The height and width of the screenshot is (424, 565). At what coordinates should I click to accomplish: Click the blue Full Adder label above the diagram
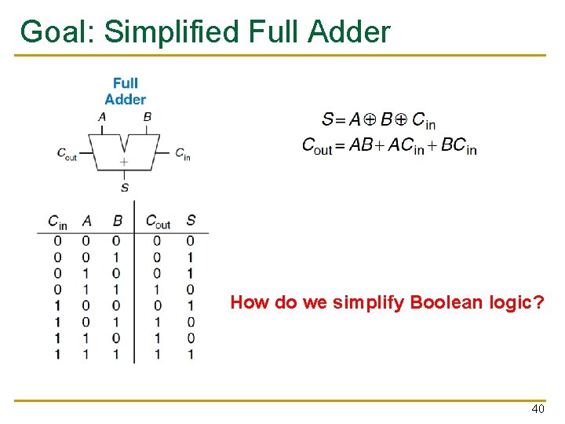(x=125, y=91)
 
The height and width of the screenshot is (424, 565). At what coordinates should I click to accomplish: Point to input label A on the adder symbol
(x=101, y=117)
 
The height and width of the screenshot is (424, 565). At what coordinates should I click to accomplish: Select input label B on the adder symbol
(x=147, y=117)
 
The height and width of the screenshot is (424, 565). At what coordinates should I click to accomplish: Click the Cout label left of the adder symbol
(x=67, y=153)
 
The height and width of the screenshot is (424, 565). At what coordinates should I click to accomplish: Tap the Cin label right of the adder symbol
(x=182, y=153)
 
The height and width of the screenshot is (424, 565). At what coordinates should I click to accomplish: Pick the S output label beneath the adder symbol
(x=124, y=187)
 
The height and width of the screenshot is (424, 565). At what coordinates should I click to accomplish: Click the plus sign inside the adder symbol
(x=124, y=162)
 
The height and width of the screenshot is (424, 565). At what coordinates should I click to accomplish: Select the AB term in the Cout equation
(x=360, y=145)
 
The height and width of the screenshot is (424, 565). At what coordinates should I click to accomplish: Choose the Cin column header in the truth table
(x=57, y=221)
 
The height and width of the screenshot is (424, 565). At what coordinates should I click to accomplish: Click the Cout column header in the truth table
(x=158, y=221)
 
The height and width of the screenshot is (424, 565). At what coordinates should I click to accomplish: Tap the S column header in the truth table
(x=191, y=221)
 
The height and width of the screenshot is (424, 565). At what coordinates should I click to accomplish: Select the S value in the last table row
(x=191, y=354)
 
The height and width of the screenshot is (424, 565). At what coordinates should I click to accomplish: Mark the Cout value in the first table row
(x=157, y=240)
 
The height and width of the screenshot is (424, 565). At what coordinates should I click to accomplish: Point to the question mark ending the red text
(x=538, y=302)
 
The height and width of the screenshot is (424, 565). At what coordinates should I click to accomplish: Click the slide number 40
(x=538, y=409)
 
